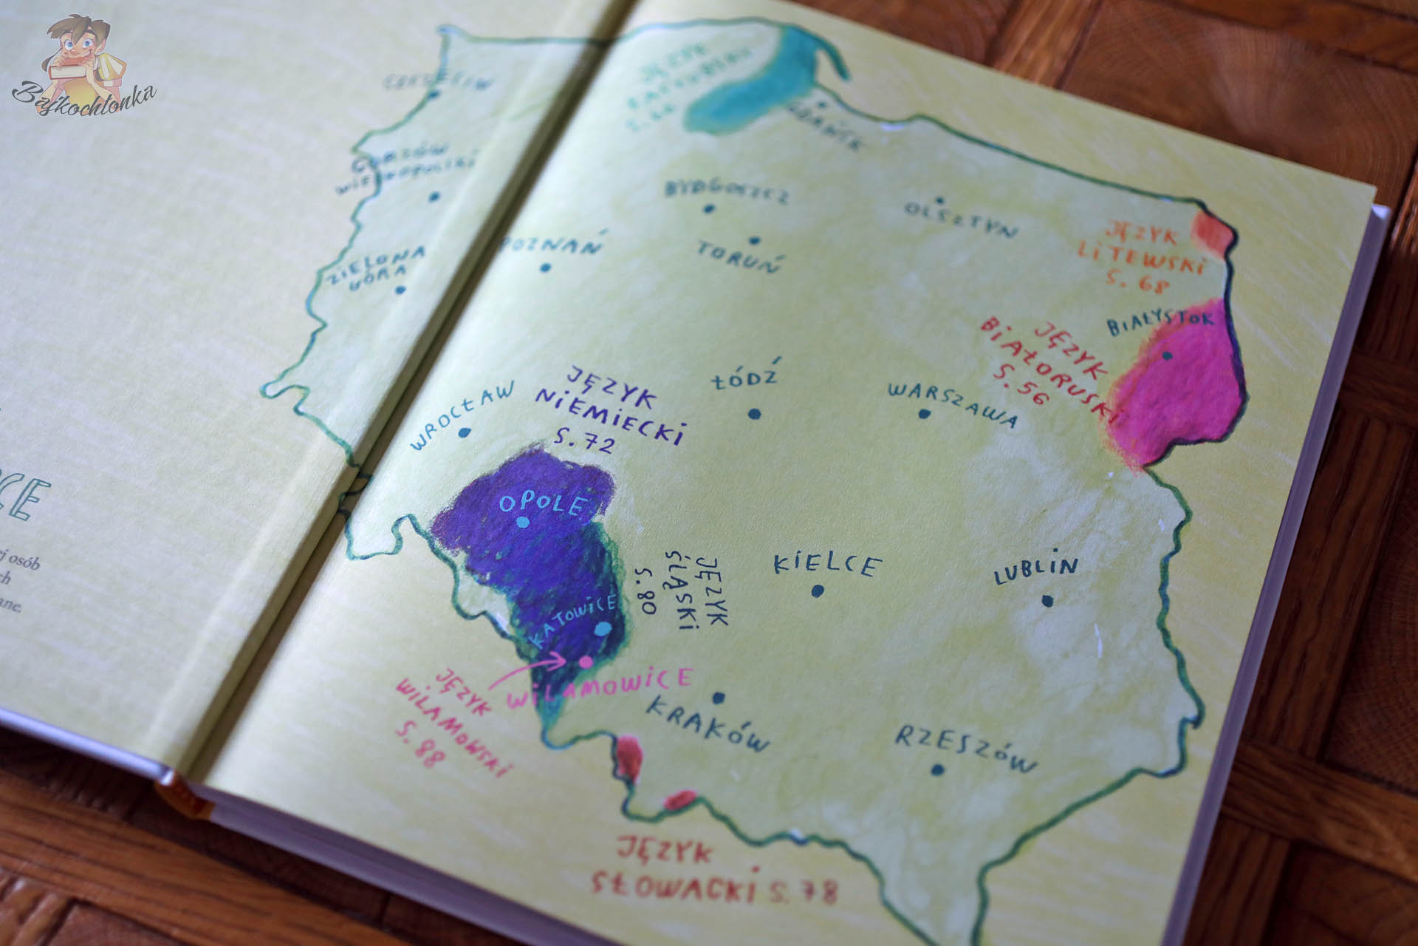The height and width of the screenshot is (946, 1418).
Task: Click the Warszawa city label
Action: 952,405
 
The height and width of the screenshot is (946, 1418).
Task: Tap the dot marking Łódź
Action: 753,415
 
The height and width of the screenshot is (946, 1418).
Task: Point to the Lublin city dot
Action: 1047,601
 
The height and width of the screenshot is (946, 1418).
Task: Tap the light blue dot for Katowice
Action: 603,628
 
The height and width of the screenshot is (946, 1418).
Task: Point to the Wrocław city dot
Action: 464,434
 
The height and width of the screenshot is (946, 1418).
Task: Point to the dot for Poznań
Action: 545,268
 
